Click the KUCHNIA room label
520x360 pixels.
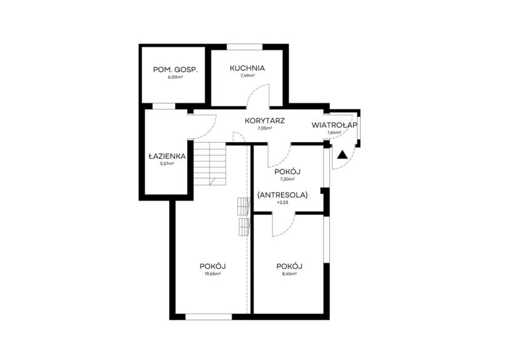click(247, 68)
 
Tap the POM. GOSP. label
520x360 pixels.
click(175, 70)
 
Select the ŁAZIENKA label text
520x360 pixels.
click(167, 156)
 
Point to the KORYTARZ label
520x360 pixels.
click(265, 121)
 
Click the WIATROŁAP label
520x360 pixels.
click(334, 126)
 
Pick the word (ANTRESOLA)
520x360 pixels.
click(282, 195)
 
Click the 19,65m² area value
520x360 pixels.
click(213, 274)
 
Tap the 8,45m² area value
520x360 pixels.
click(289, 274)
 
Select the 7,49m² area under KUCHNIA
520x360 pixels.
click(247, 76)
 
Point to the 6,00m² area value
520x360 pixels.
click(175, 78)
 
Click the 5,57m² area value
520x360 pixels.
click(167, 164)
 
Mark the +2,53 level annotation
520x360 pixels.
click(282, 202)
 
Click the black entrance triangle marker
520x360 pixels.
click(343, 155)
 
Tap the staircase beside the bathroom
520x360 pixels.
click(210, 164)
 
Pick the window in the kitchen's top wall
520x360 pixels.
click(245, 47)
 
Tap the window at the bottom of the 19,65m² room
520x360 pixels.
click(209, 317)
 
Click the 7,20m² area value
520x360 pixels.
click(287, 179)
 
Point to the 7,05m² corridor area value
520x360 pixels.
click(265, 128)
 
